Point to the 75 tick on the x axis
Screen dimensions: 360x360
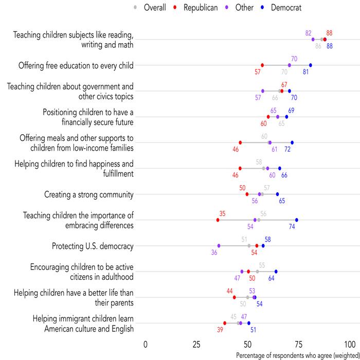coord(299,344)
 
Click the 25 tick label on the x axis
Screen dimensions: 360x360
coord(196,344)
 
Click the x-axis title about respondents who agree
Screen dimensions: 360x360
coord(297,355)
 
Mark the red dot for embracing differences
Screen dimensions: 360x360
coord(218,220)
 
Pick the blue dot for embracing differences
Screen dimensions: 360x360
coord(297,220)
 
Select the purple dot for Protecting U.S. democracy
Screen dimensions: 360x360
coord(219,246)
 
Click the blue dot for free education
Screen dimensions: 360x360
coord(311,65)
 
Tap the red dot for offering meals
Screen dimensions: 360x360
coord(240,142)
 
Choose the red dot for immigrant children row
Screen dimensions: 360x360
coord(225,323)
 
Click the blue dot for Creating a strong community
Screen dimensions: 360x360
coord(278,194)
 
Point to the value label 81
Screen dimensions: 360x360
coord(306,72)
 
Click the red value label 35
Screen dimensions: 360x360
coord(222,213)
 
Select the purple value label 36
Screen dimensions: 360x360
coord(214,253)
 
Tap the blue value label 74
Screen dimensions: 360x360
coord(292,227)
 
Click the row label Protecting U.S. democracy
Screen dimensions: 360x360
coord(93,246)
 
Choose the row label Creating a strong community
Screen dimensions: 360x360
coord(89,194)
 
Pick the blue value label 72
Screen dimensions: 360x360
coord(288,149)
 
